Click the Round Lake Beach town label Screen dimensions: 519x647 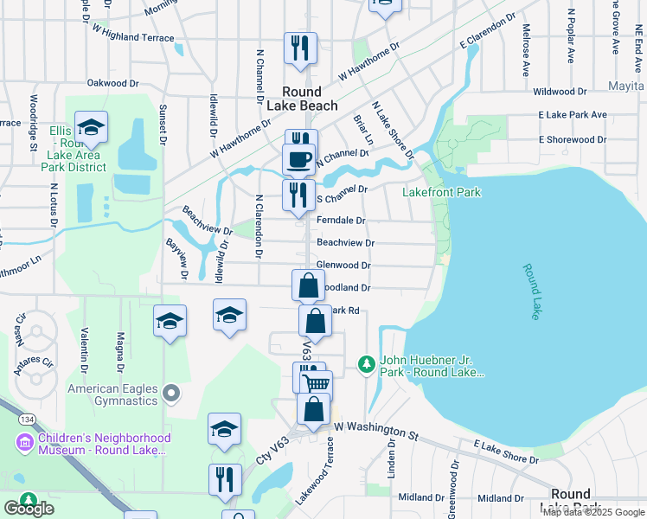tap(301, 99)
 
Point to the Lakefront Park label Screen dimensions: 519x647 tap(441, 192)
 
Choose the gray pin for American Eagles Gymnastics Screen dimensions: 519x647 tap(171, 394)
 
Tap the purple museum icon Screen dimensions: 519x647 tap(24, 443)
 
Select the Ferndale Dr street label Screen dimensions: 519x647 tap(341, 221)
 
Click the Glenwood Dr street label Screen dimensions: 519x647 tap(343, 266)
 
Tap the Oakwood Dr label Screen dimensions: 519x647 tap(113, 84)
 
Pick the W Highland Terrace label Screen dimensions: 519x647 tap(132, 38)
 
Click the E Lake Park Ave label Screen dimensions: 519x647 tap(572, 114)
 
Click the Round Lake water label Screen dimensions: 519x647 tap(531, 292)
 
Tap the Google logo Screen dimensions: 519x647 tap(29, 509)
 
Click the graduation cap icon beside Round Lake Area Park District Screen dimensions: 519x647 tap(91, 128)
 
